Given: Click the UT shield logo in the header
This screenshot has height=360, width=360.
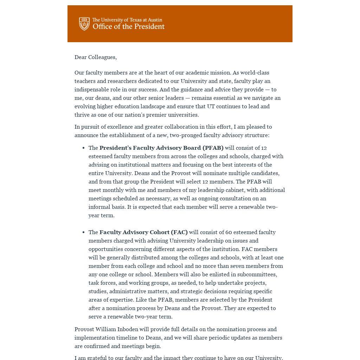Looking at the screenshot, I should click(84, 24).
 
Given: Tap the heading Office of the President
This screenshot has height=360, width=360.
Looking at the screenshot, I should click(129, 27).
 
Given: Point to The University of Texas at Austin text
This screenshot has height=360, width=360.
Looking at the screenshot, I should click(127, 20).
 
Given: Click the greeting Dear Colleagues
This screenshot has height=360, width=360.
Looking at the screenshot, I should click(96, 57).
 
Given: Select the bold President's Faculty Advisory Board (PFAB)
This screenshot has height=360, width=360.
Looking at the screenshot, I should click(161, 148).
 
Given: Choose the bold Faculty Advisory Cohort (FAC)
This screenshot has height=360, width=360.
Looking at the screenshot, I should click(143, 232).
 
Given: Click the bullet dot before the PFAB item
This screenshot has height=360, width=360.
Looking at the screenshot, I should click(83, 148).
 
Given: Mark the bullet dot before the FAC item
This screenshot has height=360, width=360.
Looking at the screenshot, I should click(83, 232).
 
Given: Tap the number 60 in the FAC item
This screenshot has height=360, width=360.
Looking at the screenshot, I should click(229, 232).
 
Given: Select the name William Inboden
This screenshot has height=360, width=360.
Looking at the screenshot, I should click(116, 329).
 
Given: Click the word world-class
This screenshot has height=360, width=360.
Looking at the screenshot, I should click(255, 72).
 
